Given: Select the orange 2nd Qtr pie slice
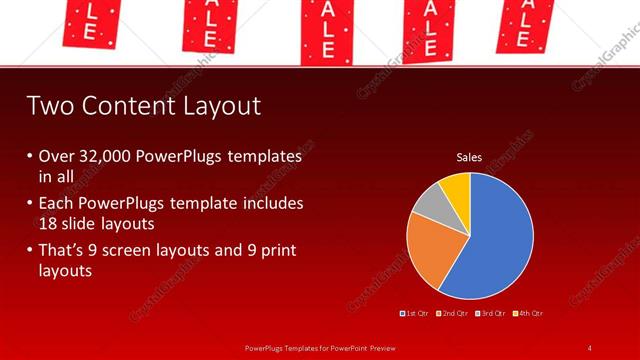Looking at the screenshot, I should (x=430, y=250).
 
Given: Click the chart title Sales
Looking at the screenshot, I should (x=469, y=157).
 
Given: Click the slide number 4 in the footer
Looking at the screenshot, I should (x=590, y=347).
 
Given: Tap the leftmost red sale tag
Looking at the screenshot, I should (x=89, y=20).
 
